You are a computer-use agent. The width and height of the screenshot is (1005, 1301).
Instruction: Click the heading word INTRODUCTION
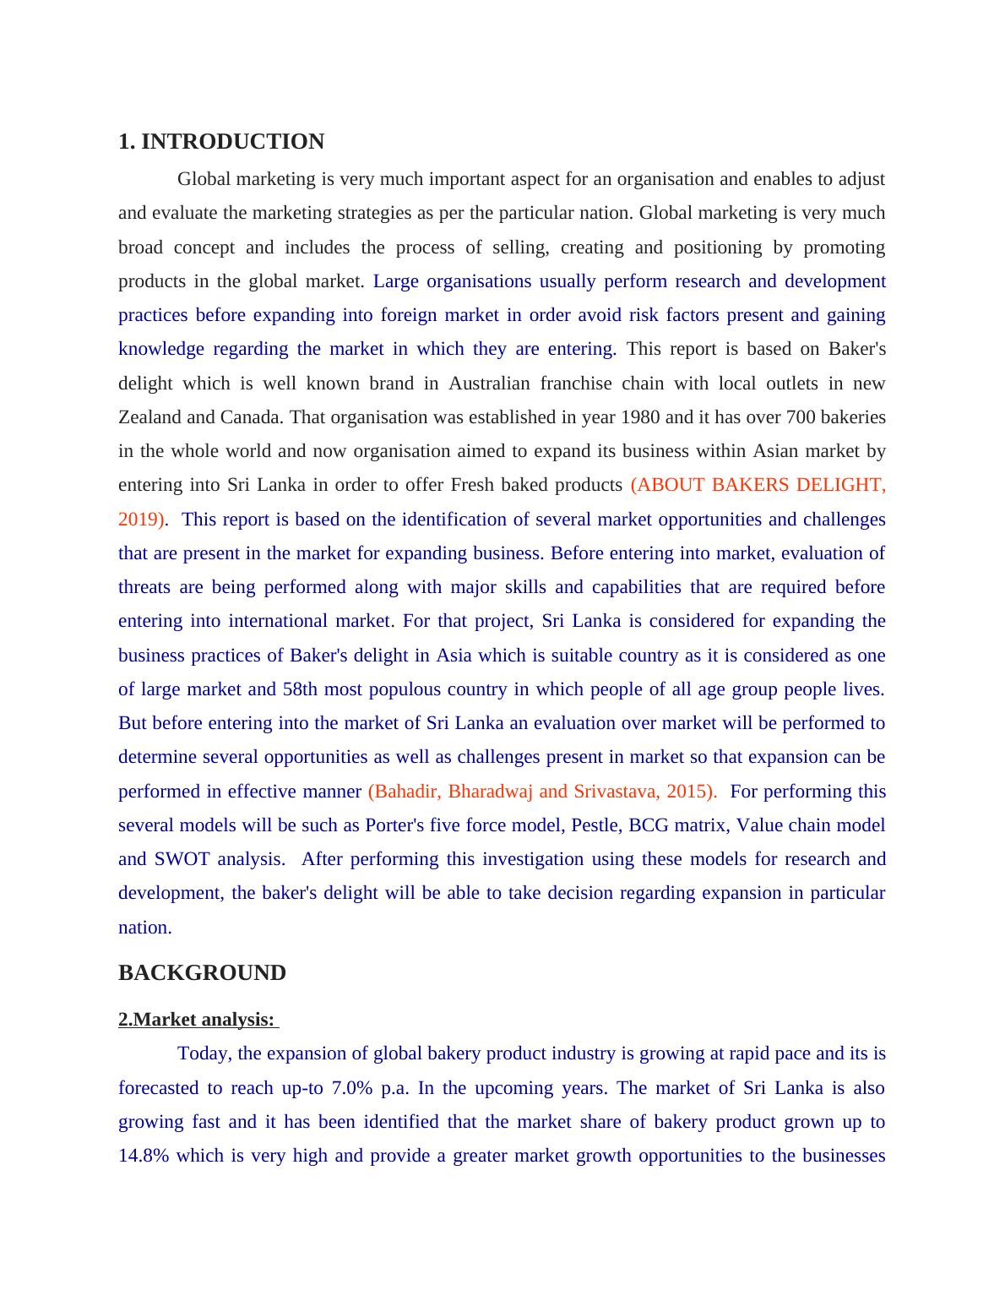[x=232, y=142]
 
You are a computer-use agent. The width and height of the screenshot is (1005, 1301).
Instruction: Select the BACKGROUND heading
[x=202, y=973]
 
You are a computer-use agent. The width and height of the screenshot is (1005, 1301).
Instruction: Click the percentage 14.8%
[x=143, y=1156]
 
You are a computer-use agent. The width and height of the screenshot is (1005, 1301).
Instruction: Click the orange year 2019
[x=139, y=520]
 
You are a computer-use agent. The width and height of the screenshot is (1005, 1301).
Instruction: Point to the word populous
[x=405, y=689]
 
